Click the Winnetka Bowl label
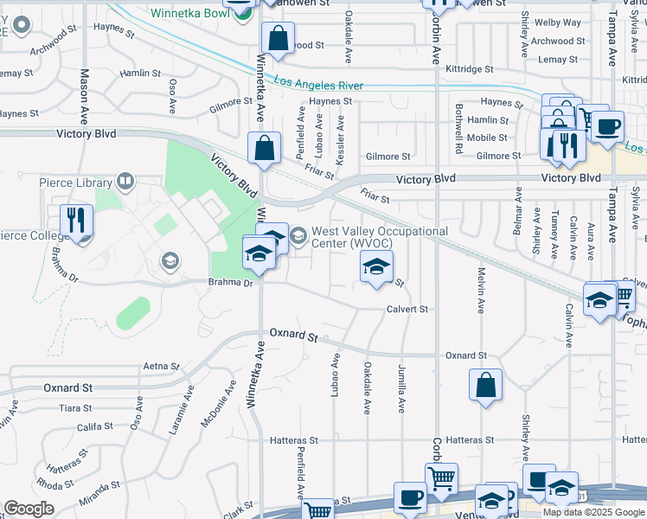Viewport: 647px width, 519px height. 189,13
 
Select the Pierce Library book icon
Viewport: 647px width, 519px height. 125,181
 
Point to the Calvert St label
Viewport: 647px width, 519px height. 407,309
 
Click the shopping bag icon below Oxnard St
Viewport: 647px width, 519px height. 486,383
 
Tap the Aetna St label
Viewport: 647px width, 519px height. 160,367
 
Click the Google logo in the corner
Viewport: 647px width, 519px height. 29,509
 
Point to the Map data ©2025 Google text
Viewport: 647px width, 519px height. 593,512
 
